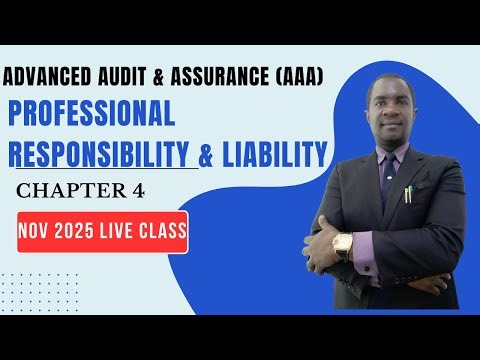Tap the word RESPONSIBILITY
(x=102, y=154)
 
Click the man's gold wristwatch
(x=343, y=245)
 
